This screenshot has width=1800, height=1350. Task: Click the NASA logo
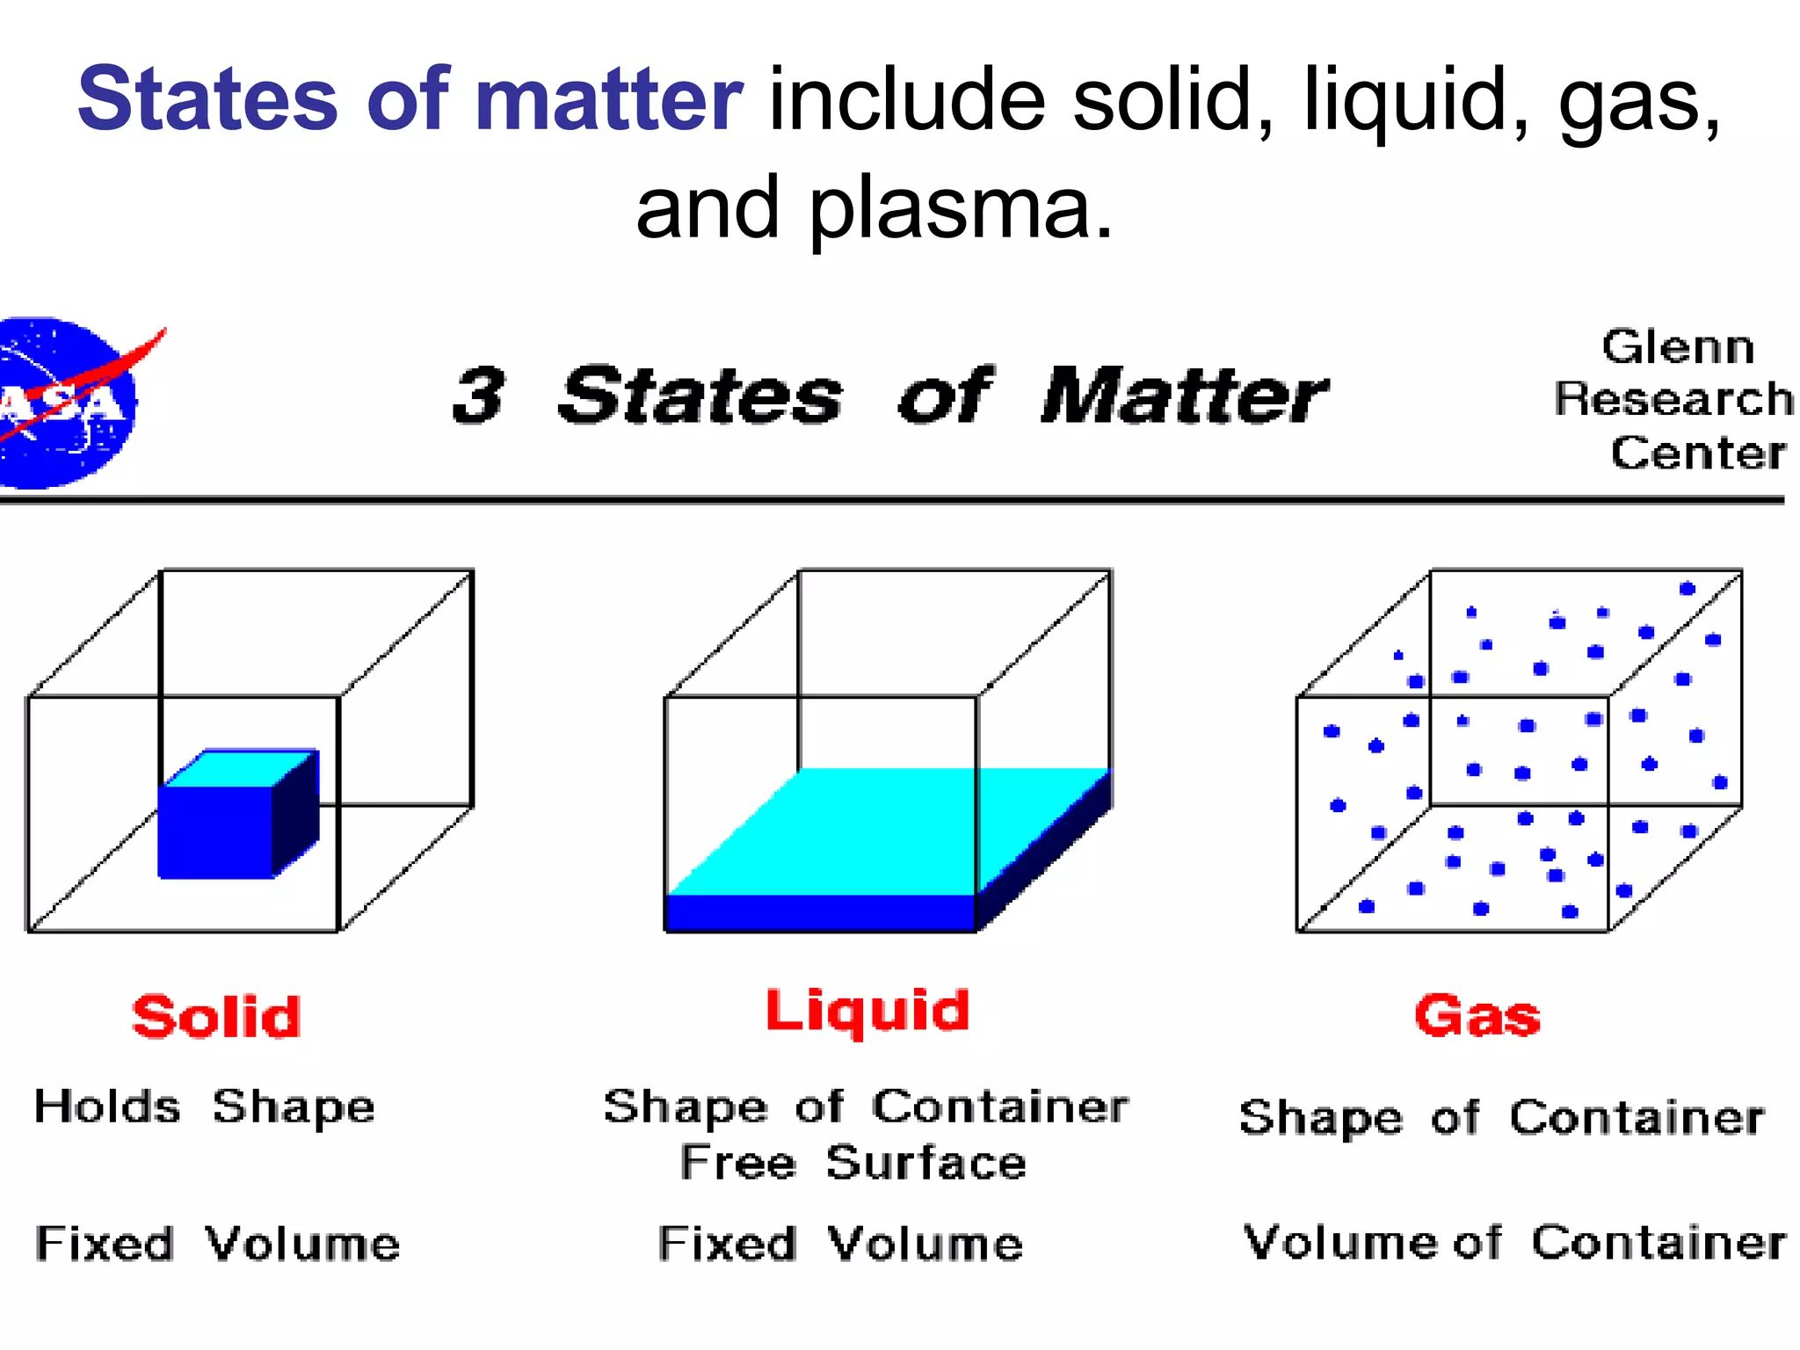tap(70, 403)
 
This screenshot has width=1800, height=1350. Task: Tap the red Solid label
tap(216, 1017)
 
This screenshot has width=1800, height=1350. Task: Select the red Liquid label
tap(867, 1012)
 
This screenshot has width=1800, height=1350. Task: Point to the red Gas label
tap(1477, 1016)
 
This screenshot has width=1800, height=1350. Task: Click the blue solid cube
tap(216, 830)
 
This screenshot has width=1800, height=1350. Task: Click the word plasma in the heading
tap(961, 207)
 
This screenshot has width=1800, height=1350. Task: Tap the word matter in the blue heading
tap(608, 98)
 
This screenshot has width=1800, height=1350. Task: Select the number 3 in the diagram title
tap(479, 396)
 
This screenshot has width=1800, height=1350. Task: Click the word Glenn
tap(1677, 346)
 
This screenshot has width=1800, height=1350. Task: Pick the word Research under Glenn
tap(1673, 399)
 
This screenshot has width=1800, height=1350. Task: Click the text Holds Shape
tap(204, 1107)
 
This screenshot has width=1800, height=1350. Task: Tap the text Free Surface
tap(853, 1163)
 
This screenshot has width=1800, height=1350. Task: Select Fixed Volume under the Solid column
tap(217, 1244)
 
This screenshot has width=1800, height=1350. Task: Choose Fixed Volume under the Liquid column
tap(840, 1244)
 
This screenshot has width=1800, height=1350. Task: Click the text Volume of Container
tap(1514, 1242)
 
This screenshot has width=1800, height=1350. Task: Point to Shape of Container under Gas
tap(1501, 1117)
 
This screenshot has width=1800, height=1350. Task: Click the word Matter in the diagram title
tap(1183, 396)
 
